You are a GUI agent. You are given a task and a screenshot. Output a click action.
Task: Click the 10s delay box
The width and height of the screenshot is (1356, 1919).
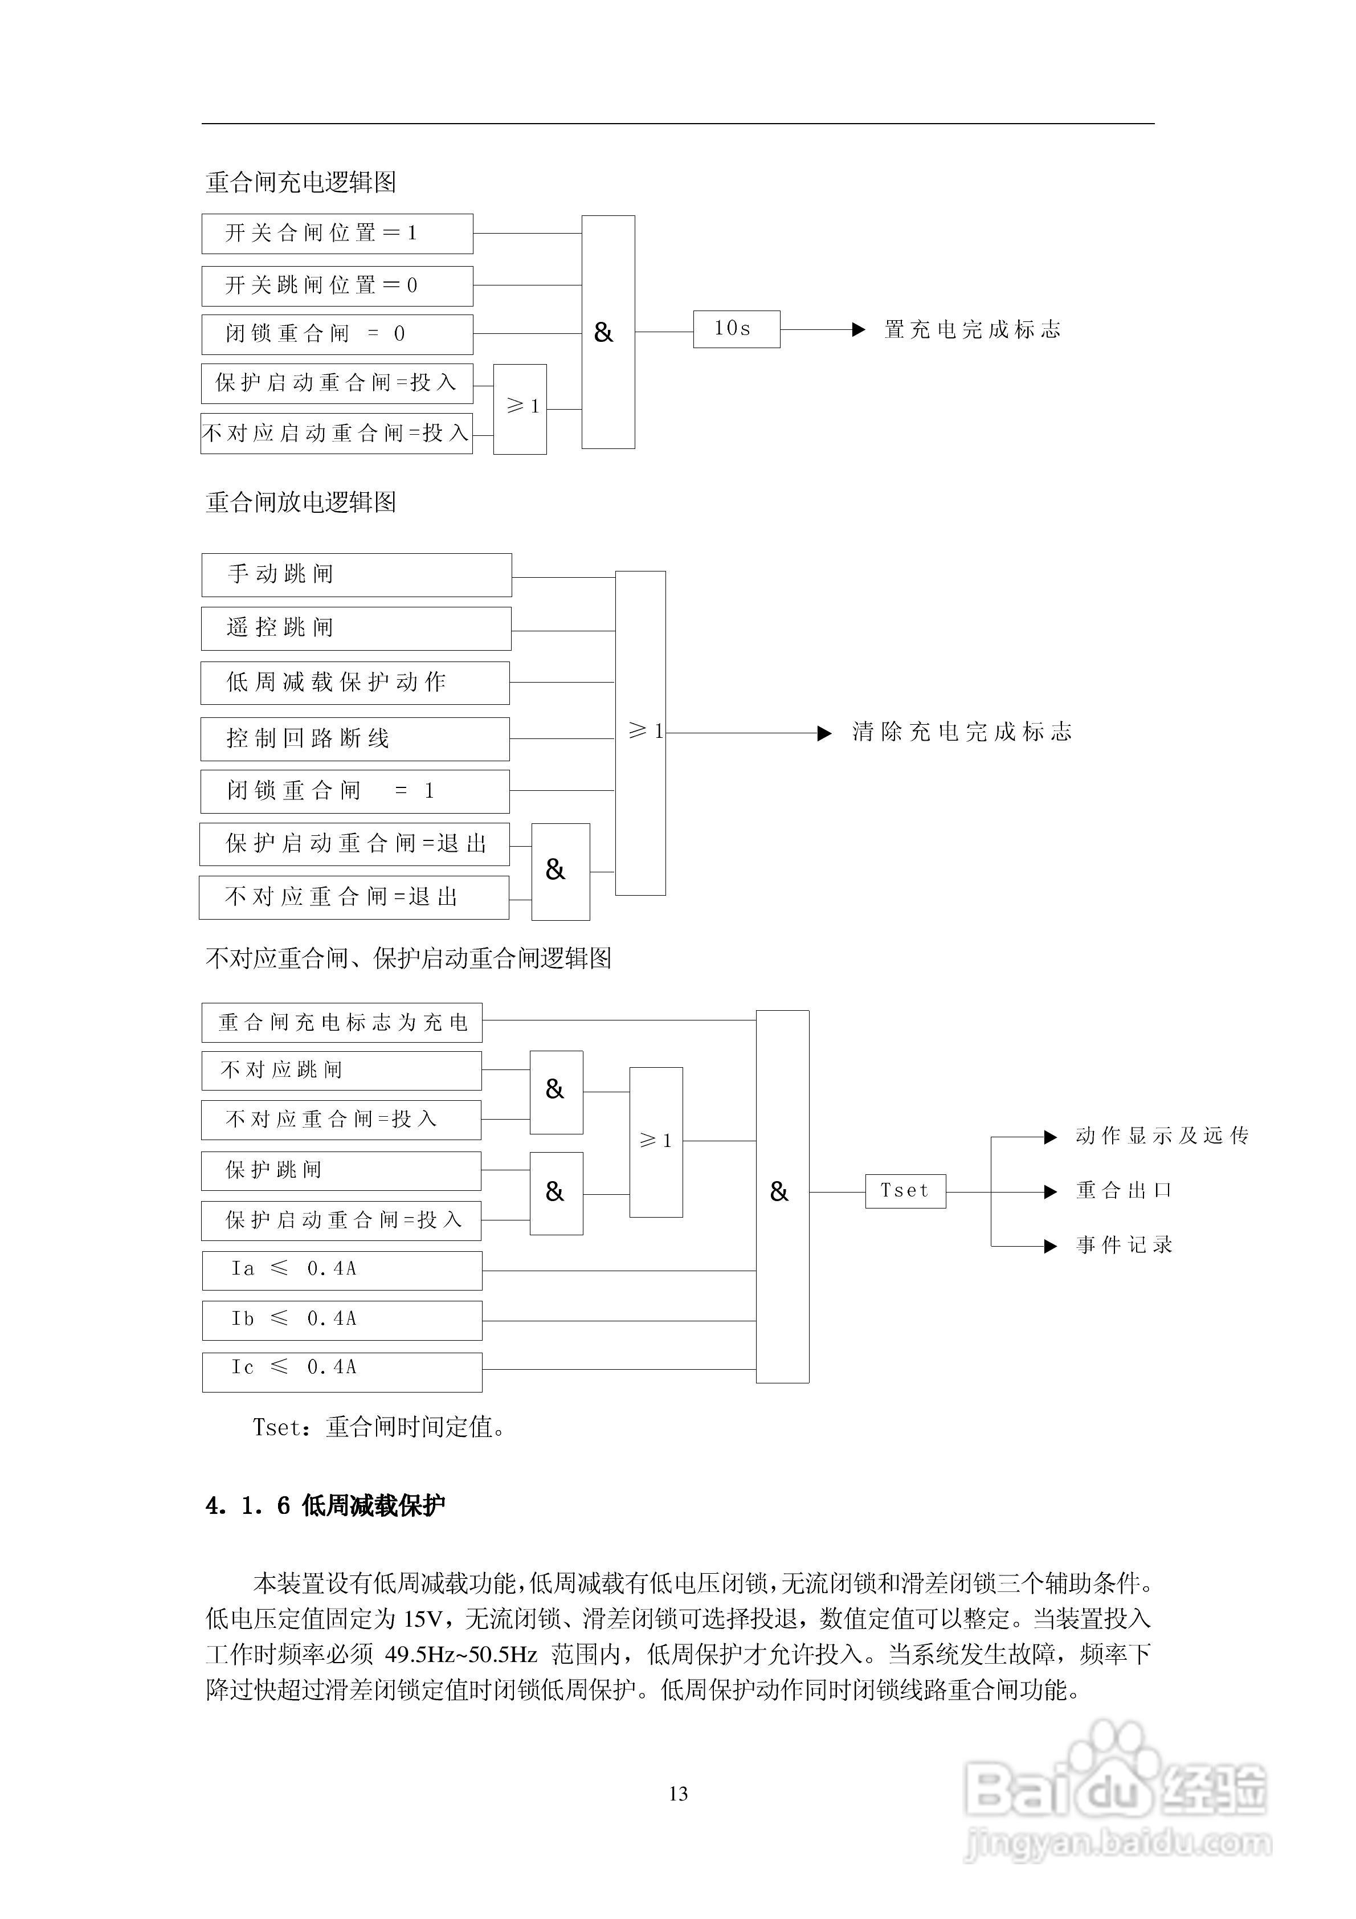pyautogui.click(x=736, y=329)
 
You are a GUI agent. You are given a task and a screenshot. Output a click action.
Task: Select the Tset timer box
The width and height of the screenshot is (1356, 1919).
pyautogui.click(x=905, y=1191)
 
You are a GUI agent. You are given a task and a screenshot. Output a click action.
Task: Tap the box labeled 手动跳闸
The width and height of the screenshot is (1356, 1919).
pyautogui.click(x=356, y=575)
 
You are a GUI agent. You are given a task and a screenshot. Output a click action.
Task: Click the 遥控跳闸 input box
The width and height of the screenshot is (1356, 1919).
pyautogui.click(x=356, y=628)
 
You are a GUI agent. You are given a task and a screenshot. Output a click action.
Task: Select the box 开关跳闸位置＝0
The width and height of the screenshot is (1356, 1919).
pyautogui.click(x=337, y=286)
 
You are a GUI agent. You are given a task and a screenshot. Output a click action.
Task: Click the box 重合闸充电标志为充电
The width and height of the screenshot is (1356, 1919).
pyautogui.click(x=342, y=1022)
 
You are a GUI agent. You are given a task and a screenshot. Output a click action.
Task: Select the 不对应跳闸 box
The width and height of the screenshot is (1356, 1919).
pyautogui.click(x=341, y=1071)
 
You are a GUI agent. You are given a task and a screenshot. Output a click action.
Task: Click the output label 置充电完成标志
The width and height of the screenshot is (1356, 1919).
pyautogui.click(x=972, y=330)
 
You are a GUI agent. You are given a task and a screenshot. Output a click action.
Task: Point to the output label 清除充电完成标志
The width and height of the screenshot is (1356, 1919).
pyautogui.click(x=961, y=733)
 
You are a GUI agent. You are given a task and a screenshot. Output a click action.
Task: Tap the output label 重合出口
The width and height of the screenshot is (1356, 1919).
pyautogui.click(x=1124, y=1191)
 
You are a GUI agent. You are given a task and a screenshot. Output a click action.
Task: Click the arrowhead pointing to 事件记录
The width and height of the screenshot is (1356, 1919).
pyautogui.click(x=1051, y=1246)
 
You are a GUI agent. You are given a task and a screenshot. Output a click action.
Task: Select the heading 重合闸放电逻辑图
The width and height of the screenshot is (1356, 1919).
pyautogui.click(x=301, y=503)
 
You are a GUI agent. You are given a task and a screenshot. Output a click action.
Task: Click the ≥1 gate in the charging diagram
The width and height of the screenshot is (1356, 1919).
pyautogui.click(x=520, y=409)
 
